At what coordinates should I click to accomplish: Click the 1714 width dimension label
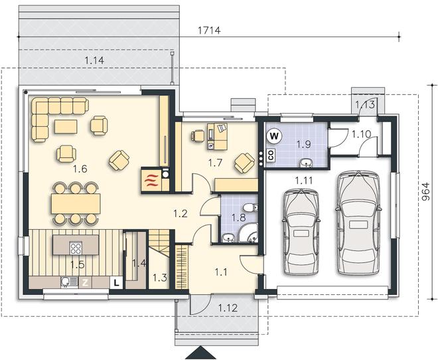tap(209, 30)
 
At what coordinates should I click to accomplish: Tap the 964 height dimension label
tap(425, 192)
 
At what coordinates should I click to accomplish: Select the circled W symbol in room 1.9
tap(274, 136)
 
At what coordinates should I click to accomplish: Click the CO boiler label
tap(271, 155)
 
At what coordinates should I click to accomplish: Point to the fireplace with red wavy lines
tap(151, 180)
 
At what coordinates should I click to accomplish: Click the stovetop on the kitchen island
tap(76, 248)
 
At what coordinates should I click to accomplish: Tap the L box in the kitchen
tap(117, 282)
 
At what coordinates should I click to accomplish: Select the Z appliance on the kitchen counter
tap(86, 283)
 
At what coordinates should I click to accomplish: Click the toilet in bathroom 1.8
tap(250, 208)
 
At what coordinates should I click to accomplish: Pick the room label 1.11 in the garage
tap(304, 181)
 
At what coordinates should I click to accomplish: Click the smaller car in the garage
tap(301, 232)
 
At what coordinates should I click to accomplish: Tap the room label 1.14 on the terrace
tap(94, 60)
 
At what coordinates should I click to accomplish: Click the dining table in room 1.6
tap(76, 203)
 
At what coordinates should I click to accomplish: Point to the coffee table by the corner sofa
tap(66, 126)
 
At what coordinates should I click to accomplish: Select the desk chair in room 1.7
tap(198, 135)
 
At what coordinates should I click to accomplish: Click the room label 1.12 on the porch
tap(228, 308)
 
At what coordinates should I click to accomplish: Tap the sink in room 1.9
tap(307, 163)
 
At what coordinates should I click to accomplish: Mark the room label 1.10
tap(361, 134)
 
